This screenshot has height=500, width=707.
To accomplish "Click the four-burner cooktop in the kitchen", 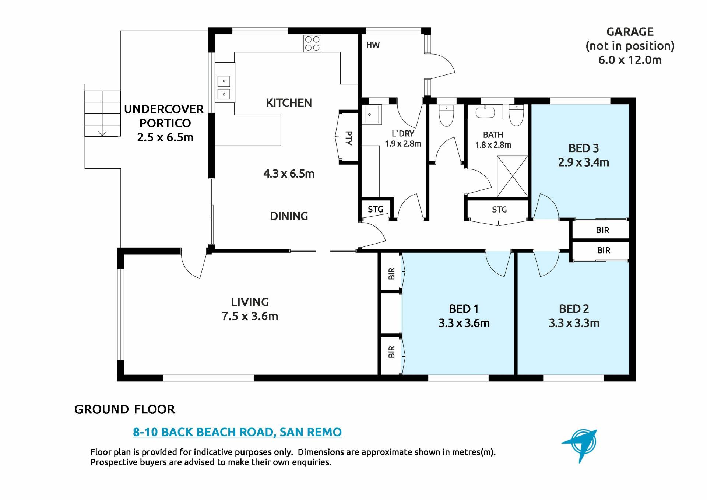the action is point(312,43).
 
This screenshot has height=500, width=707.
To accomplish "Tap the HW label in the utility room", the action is point(373,45).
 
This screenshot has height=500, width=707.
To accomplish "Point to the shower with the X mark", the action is point(512,176).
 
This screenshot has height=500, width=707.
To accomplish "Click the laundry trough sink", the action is point(373,114).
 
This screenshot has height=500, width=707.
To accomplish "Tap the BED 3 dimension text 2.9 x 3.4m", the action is point(584,162).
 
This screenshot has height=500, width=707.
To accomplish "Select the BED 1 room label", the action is point(464,309).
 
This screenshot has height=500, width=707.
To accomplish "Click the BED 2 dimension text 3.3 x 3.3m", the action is point(574,323).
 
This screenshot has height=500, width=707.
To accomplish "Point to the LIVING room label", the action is point(250,302).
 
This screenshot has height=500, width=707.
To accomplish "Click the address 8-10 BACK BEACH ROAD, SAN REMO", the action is point(238,432).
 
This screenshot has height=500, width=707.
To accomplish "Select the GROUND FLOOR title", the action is point(125,409).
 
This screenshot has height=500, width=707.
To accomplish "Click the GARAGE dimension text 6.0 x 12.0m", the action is point(630,60).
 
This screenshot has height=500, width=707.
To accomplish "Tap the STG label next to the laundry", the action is point(376,209).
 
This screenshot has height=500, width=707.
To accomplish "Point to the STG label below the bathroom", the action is point(499,210).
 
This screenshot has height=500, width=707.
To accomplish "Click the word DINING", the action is point(289,216).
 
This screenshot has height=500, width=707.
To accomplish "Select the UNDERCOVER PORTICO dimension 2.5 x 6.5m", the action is point(165,137).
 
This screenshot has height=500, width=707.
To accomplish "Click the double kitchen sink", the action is point(225,88).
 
